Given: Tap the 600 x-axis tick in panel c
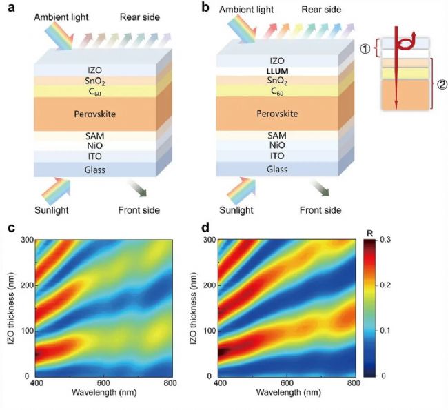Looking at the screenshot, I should pyautogui.click(x=103, y=384).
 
